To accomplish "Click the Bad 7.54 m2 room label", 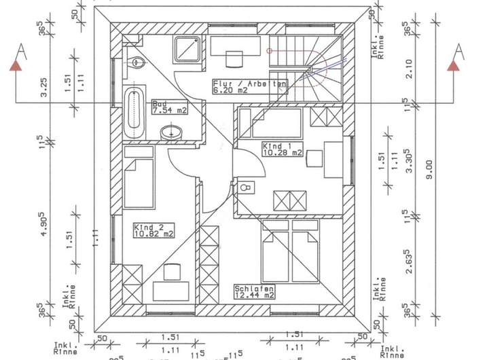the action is tap(168, 107).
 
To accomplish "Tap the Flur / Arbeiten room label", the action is tap(250, 86).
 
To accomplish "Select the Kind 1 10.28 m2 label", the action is tap(282, 149).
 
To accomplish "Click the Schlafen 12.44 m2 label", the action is tap(254, 291).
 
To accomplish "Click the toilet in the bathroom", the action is tap(137, 62).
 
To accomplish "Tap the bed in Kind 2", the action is tap(139, 183).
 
